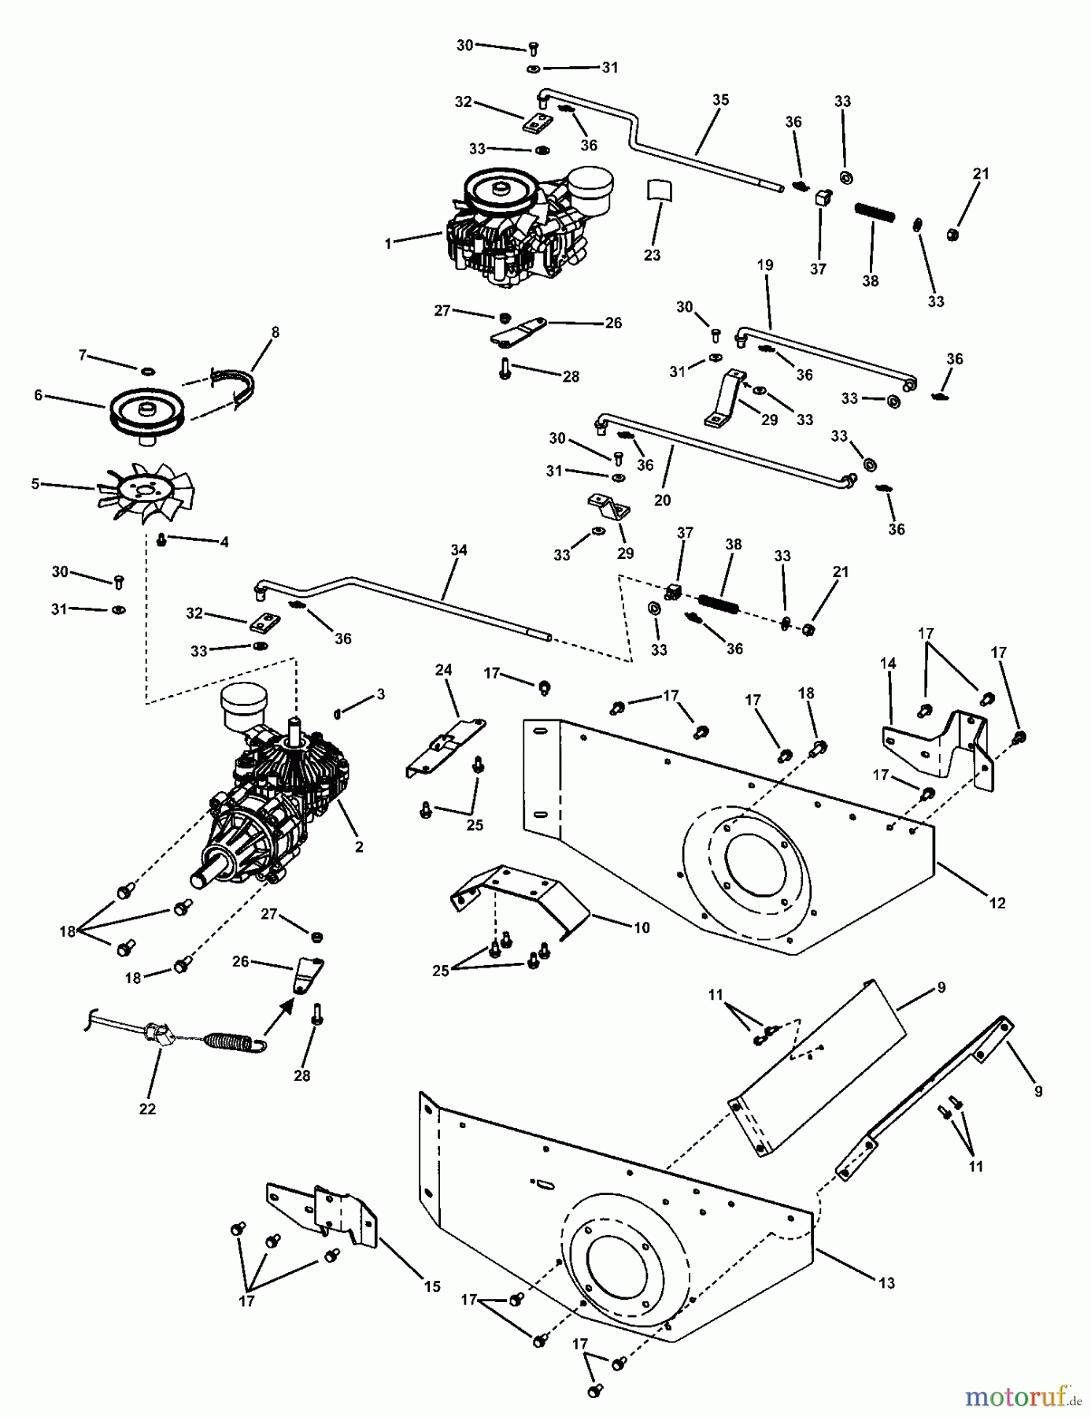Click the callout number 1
[387, 244]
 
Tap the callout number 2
[359, 848]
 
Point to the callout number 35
[720, 100]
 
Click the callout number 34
[459, 550]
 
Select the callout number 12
[997, 903]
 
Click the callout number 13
[886, 1283]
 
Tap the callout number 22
[147, 1109]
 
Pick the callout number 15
[432, 1287]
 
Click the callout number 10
[642, 928]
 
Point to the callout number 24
[444, 670]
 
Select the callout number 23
[652, 255]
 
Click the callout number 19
[765, 265]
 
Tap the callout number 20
[662, 501]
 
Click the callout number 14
[888, 664]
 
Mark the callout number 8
[274, 333]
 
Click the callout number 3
[380, 694]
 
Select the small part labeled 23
[660, 191]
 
